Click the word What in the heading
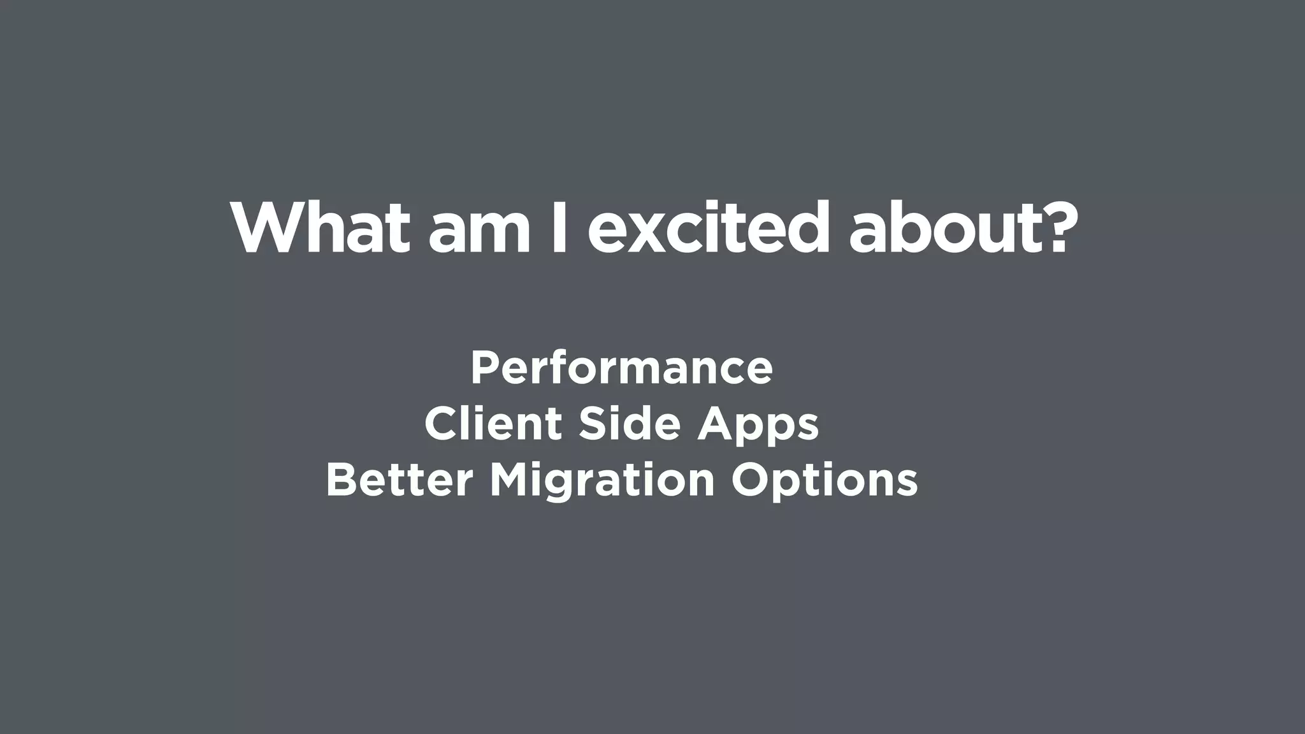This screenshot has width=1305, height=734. (x=320, y=229)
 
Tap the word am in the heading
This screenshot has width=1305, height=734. (x=479, y=235)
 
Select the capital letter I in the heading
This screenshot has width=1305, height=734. (x=559, y=229)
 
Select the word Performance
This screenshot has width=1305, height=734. (x=621, y=368)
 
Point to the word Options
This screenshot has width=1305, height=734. (x=825, y=482)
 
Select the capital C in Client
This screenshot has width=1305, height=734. (x=440, y=424)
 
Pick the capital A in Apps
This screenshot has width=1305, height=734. (x=714, y=424)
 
